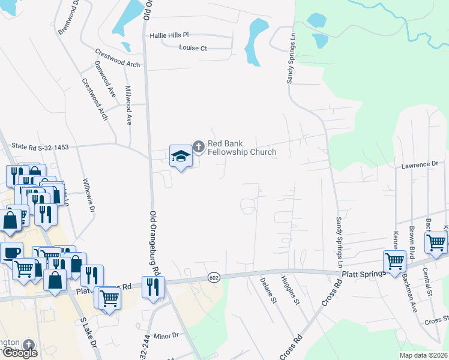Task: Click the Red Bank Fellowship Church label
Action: [241, 148]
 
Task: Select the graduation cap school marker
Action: [180, 156]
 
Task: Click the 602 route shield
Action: [214, 277]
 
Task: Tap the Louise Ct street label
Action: [192, 48]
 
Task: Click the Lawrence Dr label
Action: [420, 164]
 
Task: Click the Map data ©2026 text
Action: [423, 355]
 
